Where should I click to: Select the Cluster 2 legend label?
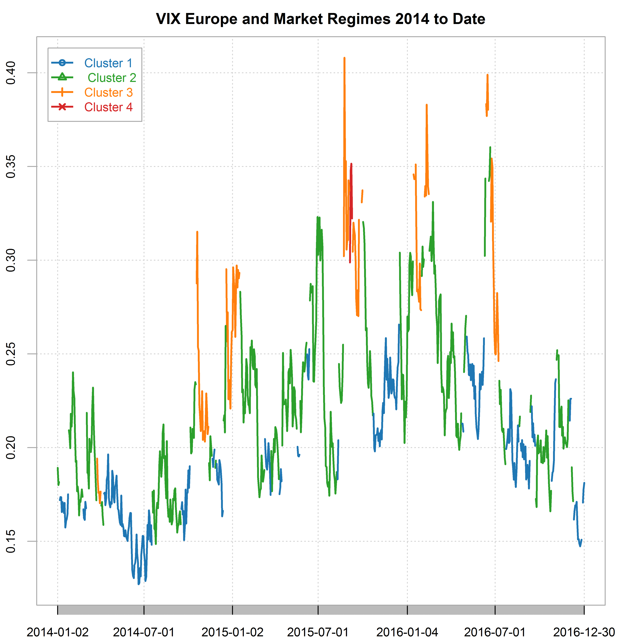(112, 78)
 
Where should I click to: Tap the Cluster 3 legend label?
(108, 92)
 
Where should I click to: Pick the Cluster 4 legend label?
(108, 107)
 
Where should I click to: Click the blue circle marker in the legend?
(62, 63)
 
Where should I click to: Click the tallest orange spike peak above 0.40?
(344, 59)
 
